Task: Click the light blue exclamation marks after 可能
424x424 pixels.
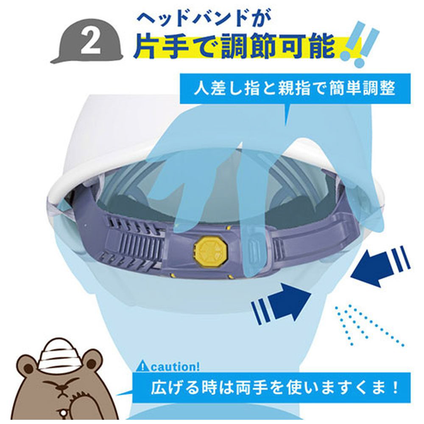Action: pos(360,45)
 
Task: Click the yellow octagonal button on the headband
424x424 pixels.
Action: pos(210,248)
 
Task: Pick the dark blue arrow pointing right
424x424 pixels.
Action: pos(281,301)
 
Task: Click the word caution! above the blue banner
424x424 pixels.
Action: pos(175,367)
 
